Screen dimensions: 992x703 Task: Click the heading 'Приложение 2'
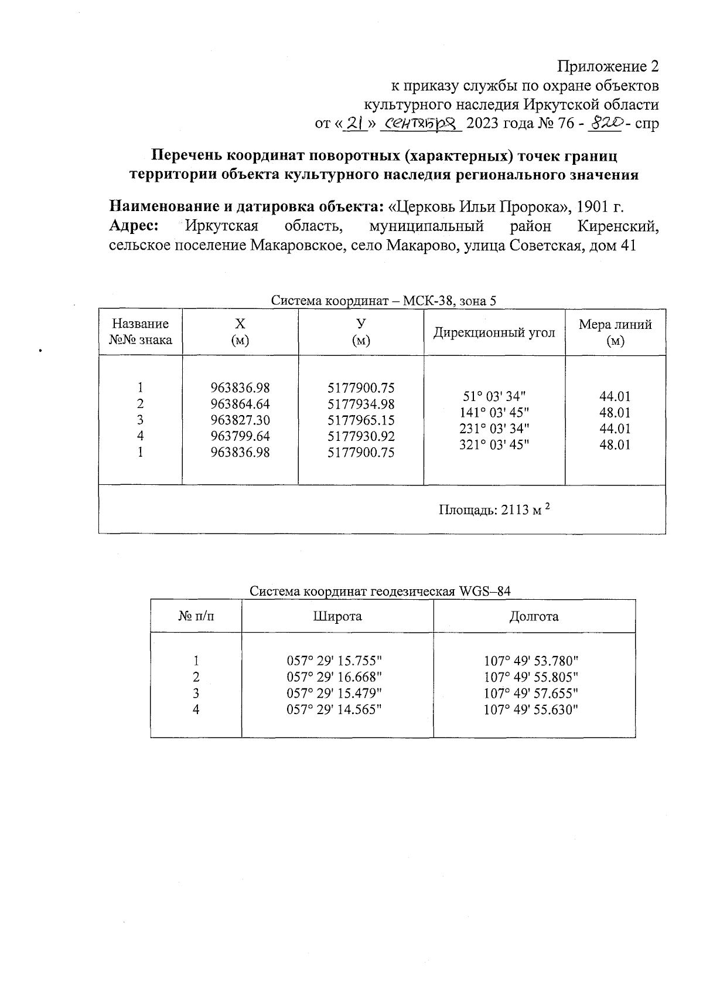pyautogui.click(x=608, y=66)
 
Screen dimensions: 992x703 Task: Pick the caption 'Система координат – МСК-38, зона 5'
pyautogui.click(x=383, y=301)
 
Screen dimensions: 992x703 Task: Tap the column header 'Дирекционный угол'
pyautogui.click(x=494, y=332)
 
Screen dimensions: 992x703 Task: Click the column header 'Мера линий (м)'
pyautogui.click(x=615, y=332)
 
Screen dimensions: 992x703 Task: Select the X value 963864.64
pyautogui.click(x=240, y=404)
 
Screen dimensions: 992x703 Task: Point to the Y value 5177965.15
pyautogui.click(x=361, y=420)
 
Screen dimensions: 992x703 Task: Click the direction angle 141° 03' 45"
pyautogui.click(x=494, y=412)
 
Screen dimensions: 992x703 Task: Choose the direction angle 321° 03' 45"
pyautogui.click(x=494, y=444)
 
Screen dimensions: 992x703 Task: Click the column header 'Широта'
pyautogui.click(x=337, y=616)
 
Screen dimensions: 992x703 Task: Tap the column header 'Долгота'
pyautogui.click(x=534, y=616)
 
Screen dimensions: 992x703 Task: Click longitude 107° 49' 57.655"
pyautogui.click(x=531, y=693)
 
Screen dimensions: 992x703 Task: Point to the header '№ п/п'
pyautogui.click(x=196, y=616)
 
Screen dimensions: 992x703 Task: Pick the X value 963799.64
pyautogui.click(x=240, y=436)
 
